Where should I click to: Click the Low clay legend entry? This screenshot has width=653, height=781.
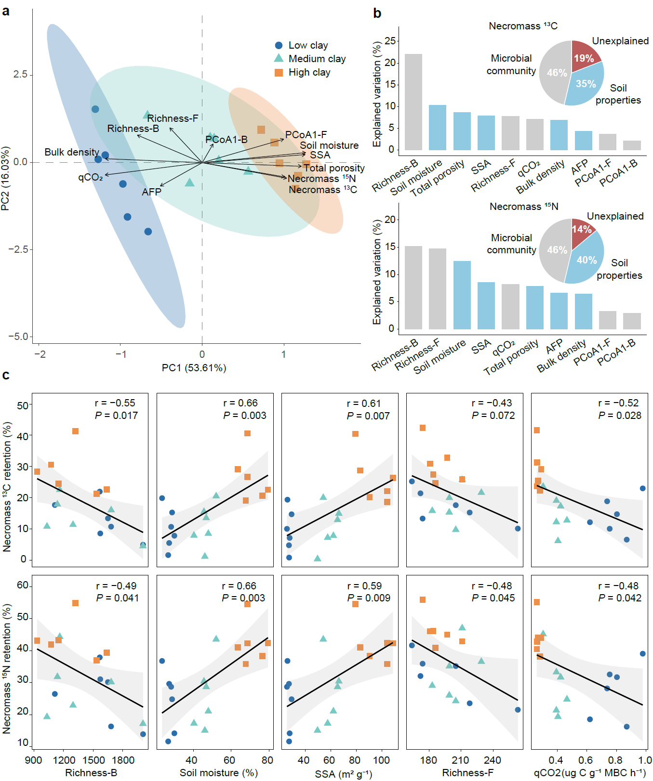(x=307, y=46)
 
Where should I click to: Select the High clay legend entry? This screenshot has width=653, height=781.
(x=309, y=73)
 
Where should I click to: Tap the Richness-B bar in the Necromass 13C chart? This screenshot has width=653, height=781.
(x=413, y=102)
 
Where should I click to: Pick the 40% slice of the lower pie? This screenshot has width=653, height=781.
(x=585, y=260)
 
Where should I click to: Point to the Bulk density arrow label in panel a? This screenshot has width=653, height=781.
(x=72, y=152)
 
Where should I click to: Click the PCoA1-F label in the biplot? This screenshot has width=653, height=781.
(x=306, y=135)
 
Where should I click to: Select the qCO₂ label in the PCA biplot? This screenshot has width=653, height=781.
(x=91, y=178)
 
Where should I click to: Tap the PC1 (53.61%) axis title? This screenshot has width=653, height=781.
(x=194, y=368)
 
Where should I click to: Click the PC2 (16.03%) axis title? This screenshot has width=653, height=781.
(x=5, y=178)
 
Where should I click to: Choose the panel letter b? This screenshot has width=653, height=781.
(x=377, y=13)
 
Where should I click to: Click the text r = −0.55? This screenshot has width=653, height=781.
(x=115, y=403)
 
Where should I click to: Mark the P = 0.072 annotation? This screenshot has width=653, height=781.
(x=493, y=416)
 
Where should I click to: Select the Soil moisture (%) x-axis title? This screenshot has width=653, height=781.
(x=218, y=773)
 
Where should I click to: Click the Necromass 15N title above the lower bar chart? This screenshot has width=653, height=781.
(x=524, y=207)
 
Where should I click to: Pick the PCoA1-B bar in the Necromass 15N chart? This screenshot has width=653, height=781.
(x=632, y=321)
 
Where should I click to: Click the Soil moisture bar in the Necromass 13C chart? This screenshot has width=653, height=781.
(x=438, y=127)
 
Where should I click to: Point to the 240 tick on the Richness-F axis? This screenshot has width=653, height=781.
(x=493, y=760)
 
